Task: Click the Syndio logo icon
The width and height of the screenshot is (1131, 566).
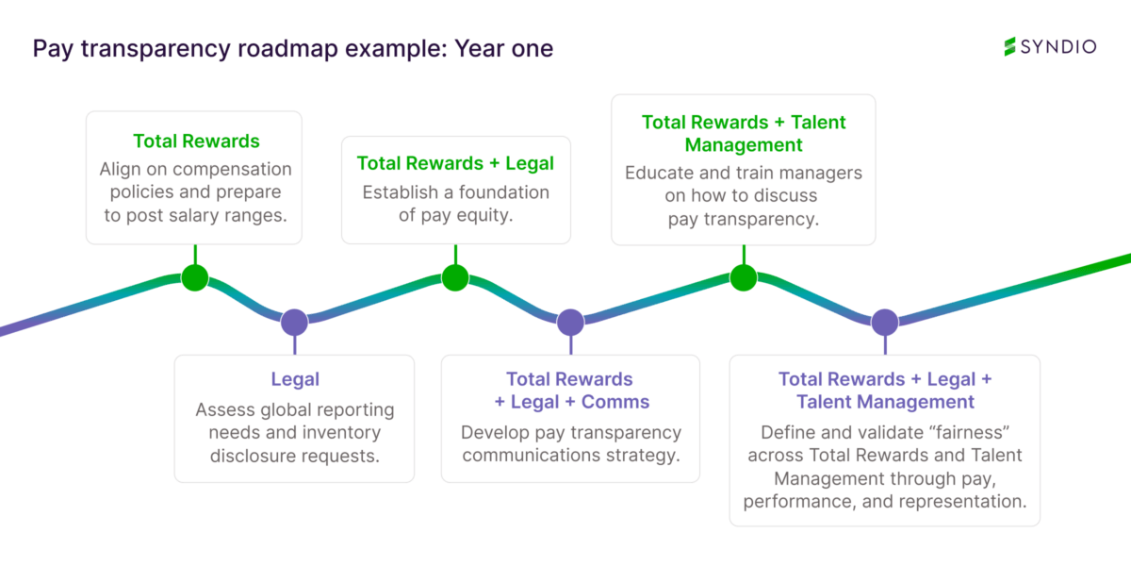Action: tap(1009, 46)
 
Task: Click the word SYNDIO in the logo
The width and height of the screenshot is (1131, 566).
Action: tap(1058, 46)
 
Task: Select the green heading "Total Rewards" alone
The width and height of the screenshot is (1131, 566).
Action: tap(196, 141)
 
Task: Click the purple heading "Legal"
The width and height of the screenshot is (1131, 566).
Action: tap(295, 379)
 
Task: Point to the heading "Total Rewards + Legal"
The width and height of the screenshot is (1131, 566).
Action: tap(455, 163)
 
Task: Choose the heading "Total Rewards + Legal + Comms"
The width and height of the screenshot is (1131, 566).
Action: tap(571, 391)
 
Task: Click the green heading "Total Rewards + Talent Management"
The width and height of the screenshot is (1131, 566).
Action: tap(744, 133)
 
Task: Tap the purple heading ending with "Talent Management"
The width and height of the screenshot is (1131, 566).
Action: tap(885, 391)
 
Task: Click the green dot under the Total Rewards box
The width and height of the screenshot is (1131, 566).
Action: tap(194, 277)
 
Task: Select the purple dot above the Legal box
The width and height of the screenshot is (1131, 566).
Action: tap(294, 322)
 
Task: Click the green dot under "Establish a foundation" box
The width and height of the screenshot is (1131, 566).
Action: tap(455, 277)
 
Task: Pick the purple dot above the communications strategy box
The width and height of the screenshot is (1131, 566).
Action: tap(570, 323)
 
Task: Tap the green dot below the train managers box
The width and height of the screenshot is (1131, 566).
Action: tap(744, 277)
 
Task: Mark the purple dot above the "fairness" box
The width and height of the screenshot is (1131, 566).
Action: tap(884, 323)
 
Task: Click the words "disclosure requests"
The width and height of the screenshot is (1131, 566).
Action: tap(294, 456)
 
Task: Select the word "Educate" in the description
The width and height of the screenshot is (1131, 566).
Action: tap(658, 174)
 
